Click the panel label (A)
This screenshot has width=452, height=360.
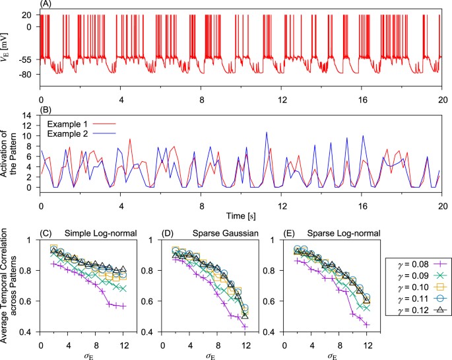coord(47,4)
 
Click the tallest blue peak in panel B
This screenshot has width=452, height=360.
coord(267,132)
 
